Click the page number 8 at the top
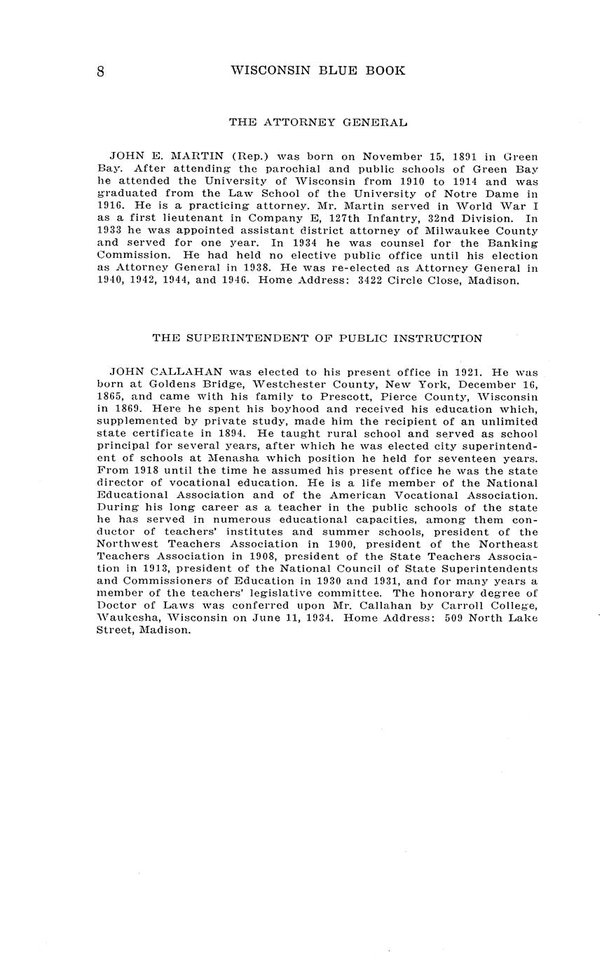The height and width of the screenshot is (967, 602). (x=101, y=71)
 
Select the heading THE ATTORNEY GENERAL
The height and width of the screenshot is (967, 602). (x=318, y=123)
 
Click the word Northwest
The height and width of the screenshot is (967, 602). (x=125, y=544)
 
